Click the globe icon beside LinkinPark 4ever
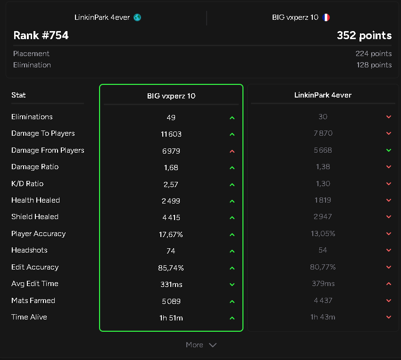tap(137, 17)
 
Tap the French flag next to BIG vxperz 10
tap(326, 17)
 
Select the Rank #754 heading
tap(41, 35)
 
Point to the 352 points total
tap(364, 35)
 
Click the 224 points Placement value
tap(373, 54)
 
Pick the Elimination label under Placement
tap(32, 65)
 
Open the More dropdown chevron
tap(213, 345)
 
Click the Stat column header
tap(18, 95)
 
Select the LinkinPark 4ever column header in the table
tap(323, 95)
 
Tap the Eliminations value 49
tap(171, 117)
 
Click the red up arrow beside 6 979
tap(232, 151)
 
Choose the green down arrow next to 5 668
tap(389, 150)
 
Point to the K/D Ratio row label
tap(27, 184)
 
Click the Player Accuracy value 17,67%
tap(171, 235)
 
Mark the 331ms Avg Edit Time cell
tap(171, 285)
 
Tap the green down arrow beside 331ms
tap(232, 285)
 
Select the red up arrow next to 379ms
tap(389, 284)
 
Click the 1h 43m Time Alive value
tap(323, 317)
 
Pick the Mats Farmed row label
tap(33, 301)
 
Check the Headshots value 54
tap(323, 250)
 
